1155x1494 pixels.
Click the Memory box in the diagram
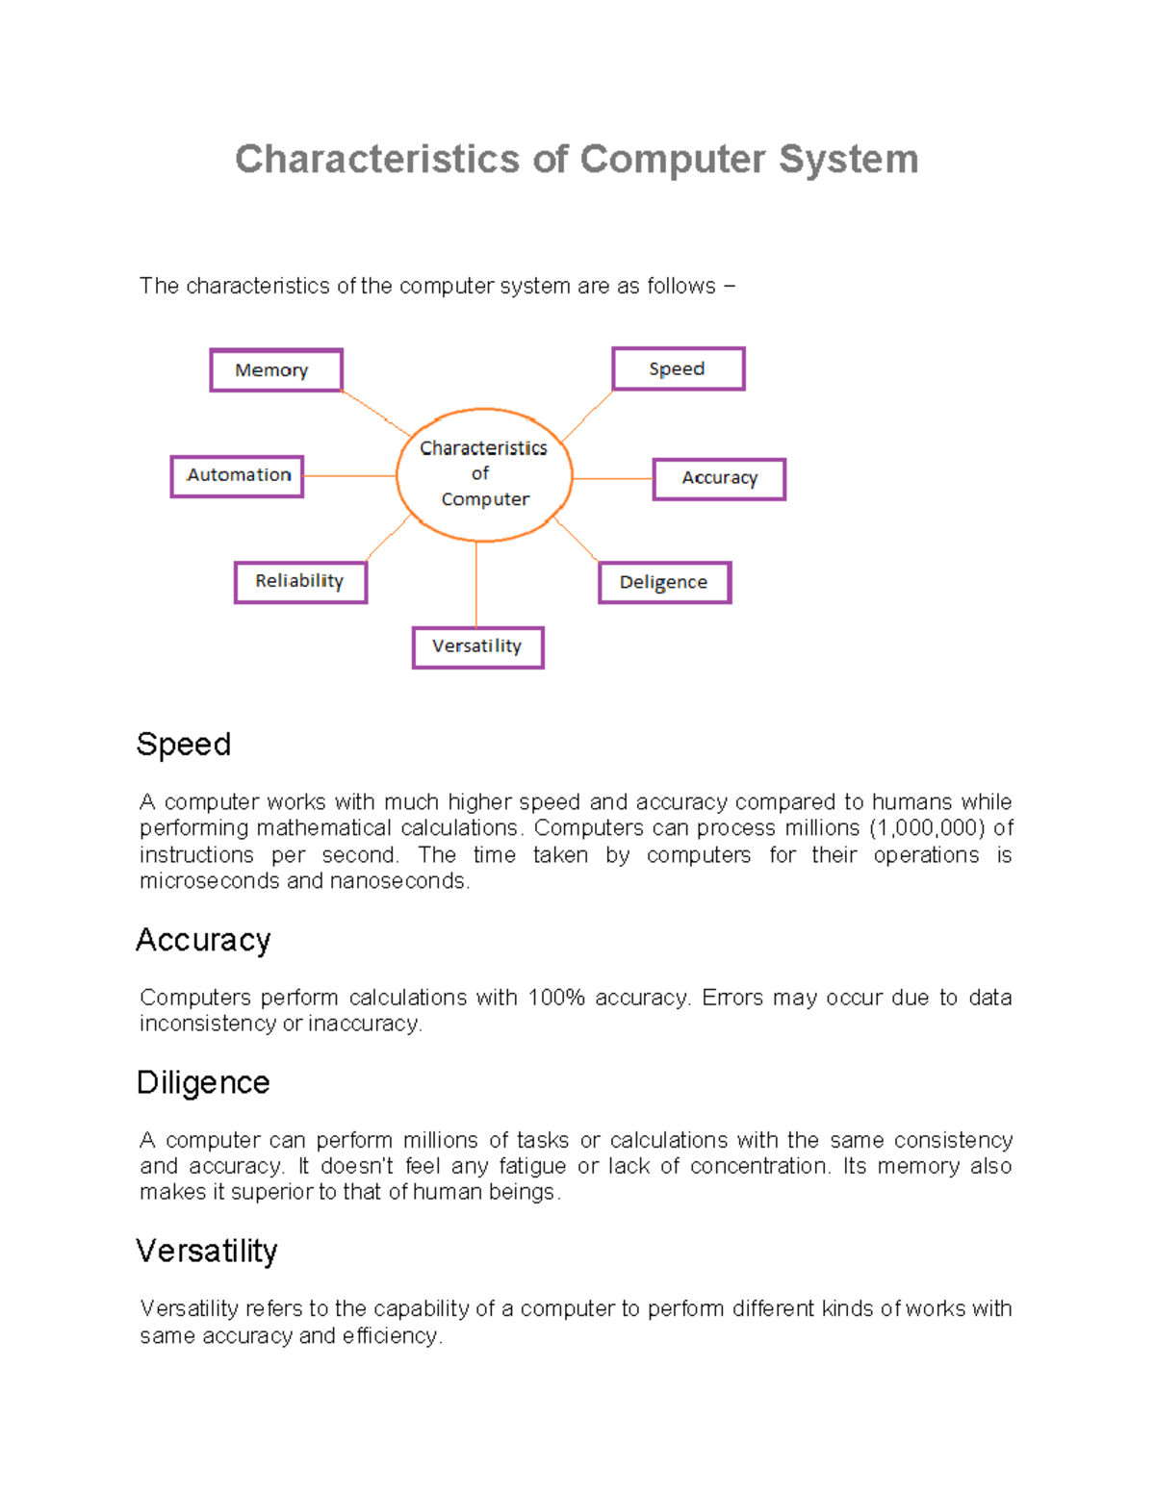[276, 370]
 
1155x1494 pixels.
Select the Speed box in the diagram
[679, 368]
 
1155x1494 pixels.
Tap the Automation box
[237, 476]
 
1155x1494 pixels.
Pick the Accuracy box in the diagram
[719, 479]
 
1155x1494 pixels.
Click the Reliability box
[300, 582]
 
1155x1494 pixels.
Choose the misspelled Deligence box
[664, 583]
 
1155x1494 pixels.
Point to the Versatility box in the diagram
[477, 647]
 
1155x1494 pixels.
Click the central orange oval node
[484, 474]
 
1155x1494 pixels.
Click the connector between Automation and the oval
[349, 475]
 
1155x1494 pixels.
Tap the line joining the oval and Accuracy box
[613, 478]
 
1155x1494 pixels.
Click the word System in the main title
[848, 160]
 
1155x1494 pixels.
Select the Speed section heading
[184, 745]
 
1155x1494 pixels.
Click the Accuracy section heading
[203, 940]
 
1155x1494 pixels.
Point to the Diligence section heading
[203, 1082]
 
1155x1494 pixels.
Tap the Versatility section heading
[207, 1251]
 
